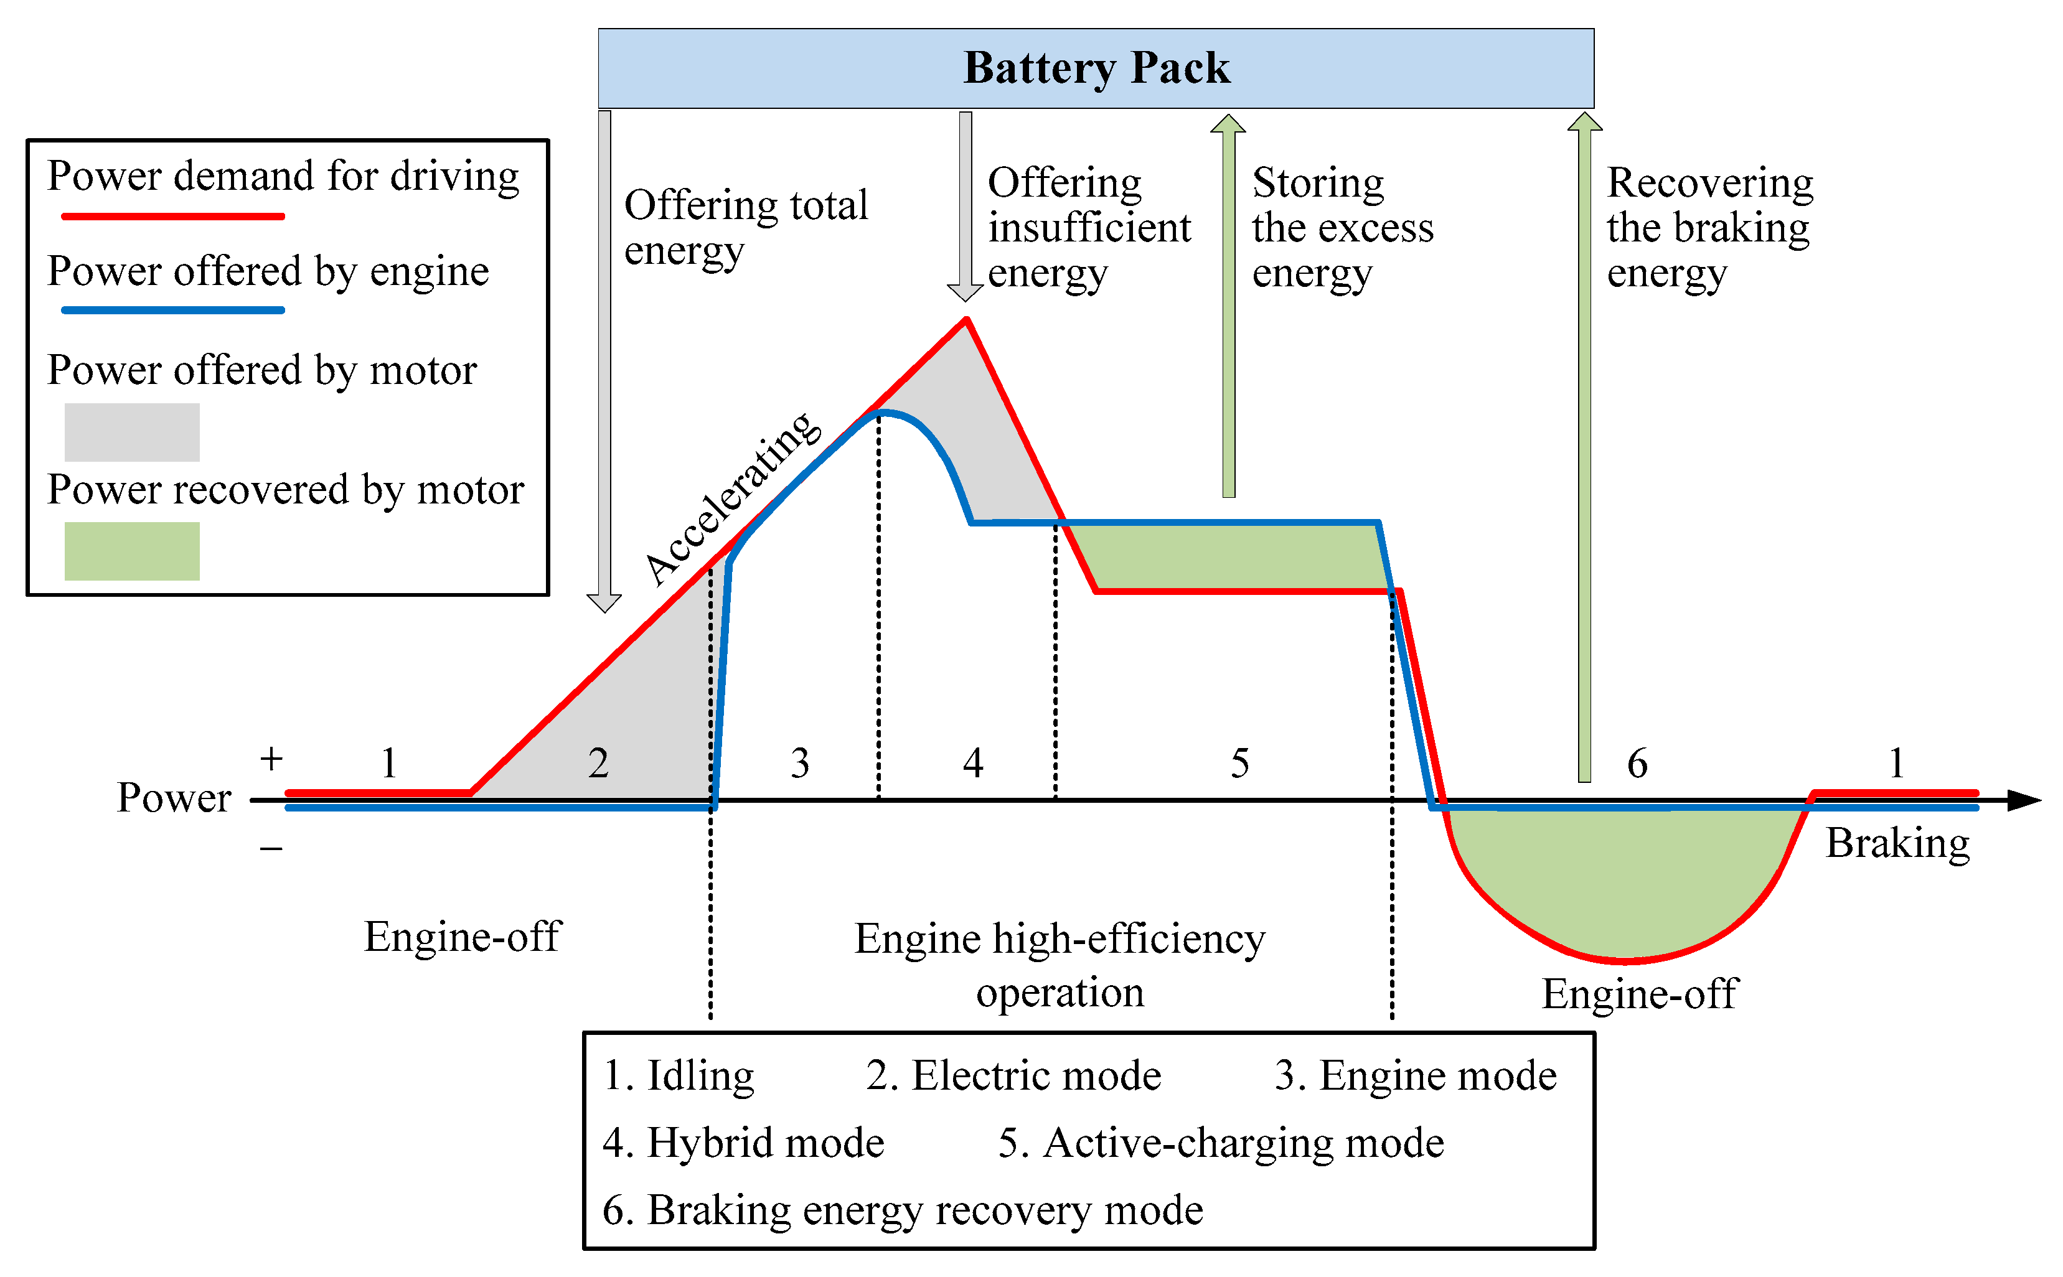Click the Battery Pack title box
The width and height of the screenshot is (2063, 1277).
(x=1096, y=68)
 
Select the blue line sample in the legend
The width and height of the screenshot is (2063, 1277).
(x=172, y=311)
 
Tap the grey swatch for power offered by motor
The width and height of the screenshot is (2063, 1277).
(x=132, y=433)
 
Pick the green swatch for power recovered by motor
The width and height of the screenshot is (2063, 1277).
(x=132, y=551)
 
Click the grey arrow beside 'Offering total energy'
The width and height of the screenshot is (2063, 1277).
(x=604, y=355)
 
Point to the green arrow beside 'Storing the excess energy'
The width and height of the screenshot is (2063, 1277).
(x=1228, y=304)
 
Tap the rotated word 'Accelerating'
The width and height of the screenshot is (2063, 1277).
(x=731, y=498)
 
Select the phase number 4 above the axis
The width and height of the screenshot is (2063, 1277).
(x=973, y=764)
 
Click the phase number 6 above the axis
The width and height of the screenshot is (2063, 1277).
(x=1637, y=764)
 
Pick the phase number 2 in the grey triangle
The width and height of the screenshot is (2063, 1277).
(x=598, y=764)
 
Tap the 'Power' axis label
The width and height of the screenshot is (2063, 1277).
(x=173, y=798)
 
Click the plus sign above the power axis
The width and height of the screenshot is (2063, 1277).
(x=271, y=759)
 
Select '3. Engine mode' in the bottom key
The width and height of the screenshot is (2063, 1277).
(x=1415, y=1076)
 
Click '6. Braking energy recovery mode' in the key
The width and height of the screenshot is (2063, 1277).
(x=902, y=1210)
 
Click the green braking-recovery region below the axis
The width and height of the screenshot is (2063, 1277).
(x=1622, y=878)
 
